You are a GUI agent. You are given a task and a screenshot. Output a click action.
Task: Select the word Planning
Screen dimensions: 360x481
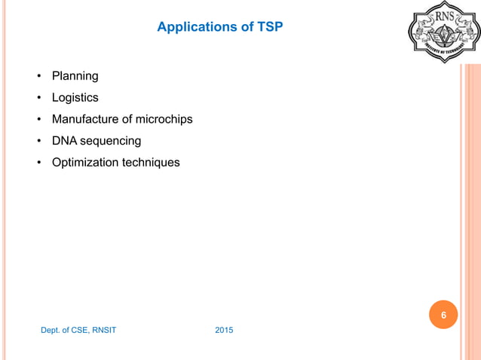point(75,76)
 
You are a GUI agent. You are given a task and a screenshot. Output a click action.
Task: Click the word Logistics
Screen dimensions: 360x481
point(75,97)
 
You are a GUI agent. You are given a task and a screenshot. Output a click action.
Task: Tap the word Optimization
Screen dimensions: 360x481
point(85,162)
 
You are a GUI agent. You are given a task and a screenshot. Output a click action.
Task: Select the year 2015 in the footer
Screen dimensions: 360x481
point(224,330)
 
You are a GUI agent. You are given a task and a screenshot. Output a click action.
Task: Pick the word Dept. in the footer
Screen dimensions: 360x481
point(51,330)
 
